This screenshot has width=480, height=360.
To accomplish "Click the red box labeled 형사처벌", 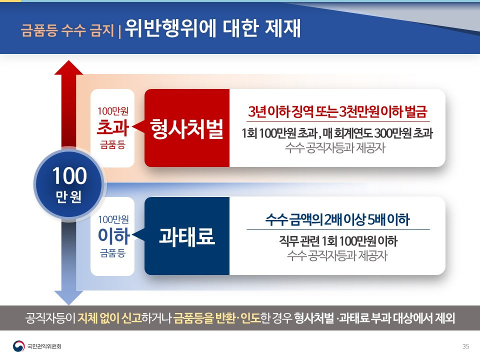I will point(187,128).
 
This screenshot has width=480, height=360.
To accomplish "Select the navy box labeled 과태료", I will point(187,236).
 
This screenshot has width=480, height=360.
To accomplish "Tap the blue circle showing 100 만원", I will point(69,183).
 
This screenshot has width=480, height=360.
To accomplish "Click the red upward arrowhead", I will point(68,69).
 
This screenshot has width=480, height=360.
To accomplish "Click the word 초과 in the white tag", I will point(113,128).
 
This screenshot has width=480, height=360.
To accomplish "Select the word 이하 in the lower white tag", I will point(113,236).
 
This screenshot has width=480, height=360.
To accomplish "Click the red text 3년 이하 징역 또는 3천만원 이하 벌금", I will point(338,111).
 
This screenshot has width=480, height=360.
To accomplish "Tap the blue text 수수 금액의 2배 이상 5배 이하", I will point(338,220).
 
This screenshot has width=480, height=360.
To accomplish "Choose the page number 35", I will point(466,346).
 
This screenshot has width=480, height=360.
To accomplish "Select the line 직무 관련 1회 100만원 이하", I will point(338,242).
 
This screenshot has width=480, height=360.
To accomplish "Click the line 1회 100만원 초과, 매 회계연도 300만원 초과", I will point(337,134).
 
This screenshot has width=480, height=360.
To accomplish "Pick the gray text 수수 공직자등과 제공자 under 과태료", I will point(337,256).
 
